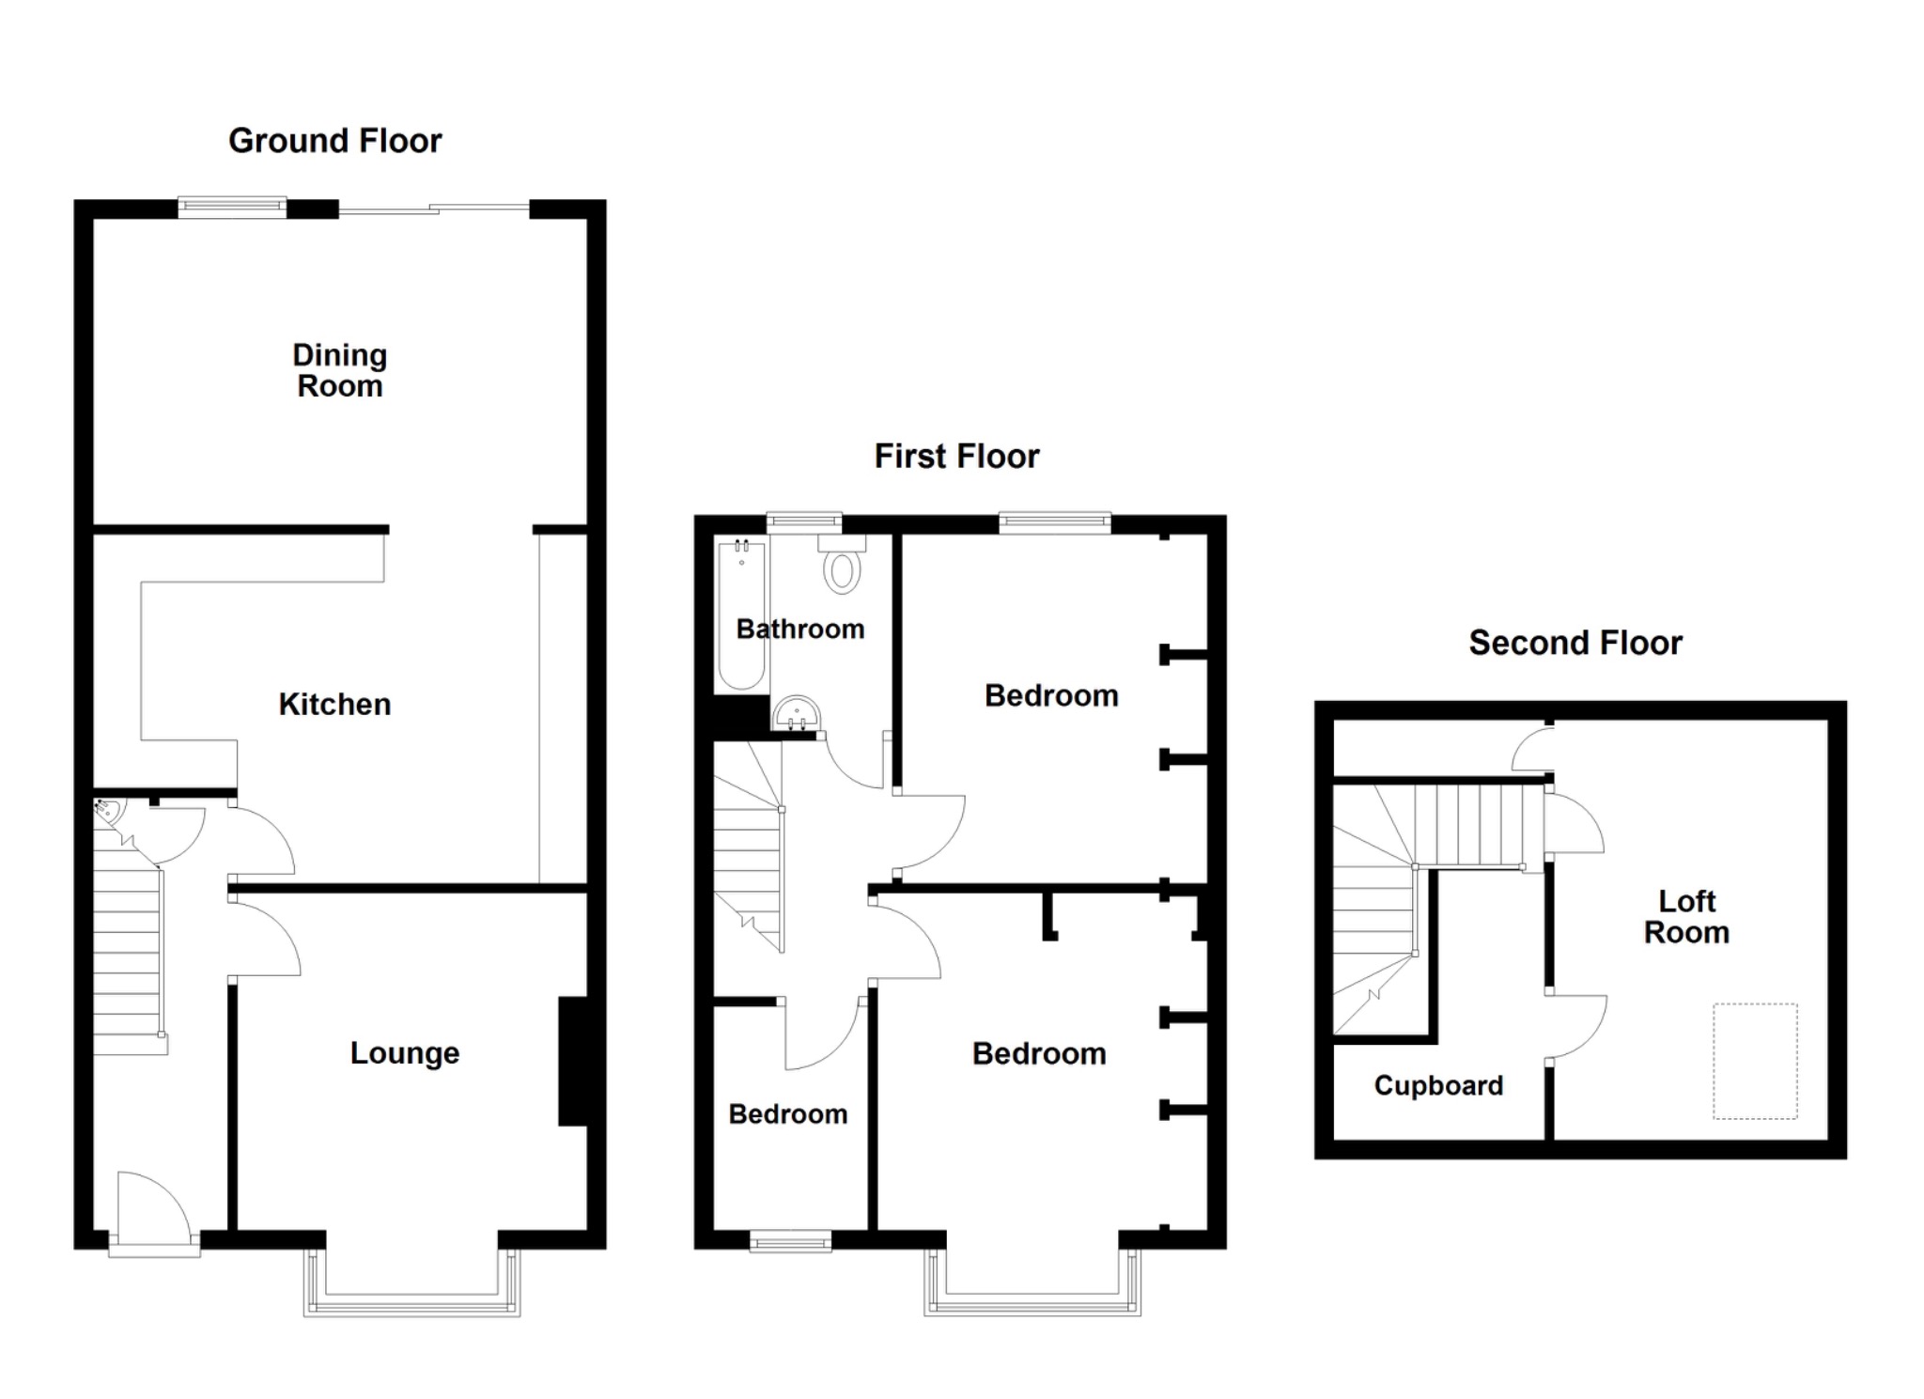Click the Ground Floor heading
point(334,141)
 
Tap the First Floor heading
point(956,457)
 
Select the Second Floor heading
point(1575,644)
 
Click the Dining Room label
point(339,370)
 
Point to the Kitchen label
point(334,705)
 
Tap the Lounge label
point(405,1053)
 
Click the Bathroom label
point(800,630)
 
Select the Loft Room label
point(1686,917)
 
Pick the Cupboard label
point(1438,1086)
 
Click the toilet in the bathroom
point(842,564)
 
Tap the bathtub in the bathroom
point(741,614)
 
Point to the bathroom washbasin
point(797,715)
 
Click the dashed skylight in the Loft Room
point(1755,1061)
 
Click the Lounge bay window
point(411,1283)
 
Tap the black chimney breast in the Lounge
point(573,1061)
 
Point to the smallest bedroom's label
point(788,1114)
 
